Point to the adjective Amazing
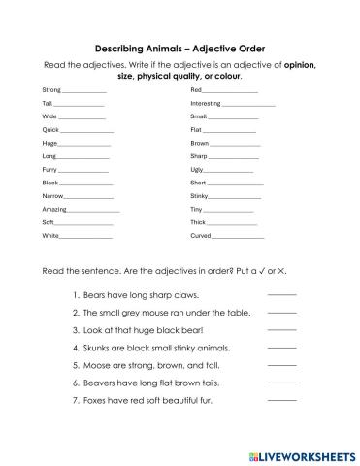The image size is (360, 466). pos(54,209)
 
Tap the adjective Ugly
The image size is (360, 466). pos(197,169)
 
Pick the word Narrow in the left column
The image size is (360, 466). pos(53,195)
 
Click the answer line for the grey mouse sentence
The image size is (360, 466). pos(281,313)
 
